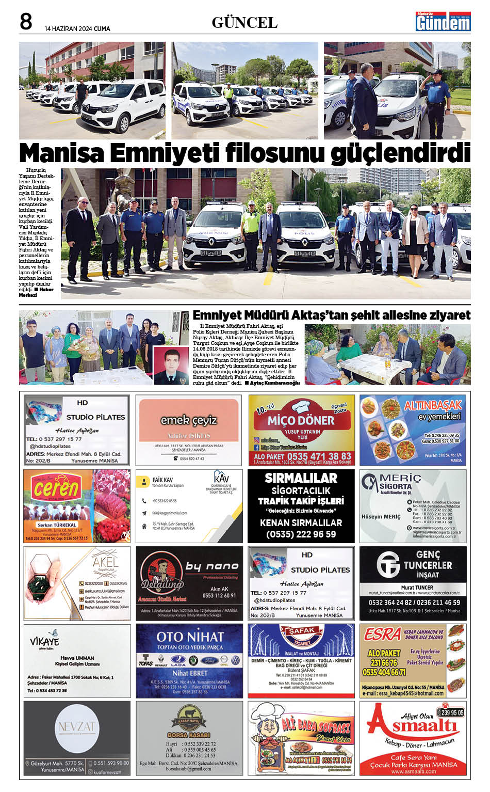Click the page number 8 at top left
26,22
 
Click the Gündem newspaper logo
443,22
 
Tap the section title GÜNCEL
244,23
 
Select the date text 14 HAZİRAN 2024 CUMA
77,29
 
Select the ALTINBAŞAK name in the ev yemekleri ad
432,405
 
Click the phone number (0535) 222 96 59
301,534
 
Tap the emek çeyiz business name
188,420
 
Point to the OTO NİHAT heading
190,637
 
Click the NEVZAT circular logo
76,727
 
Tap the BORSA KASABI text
189,735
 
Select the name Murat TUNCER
417,588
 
